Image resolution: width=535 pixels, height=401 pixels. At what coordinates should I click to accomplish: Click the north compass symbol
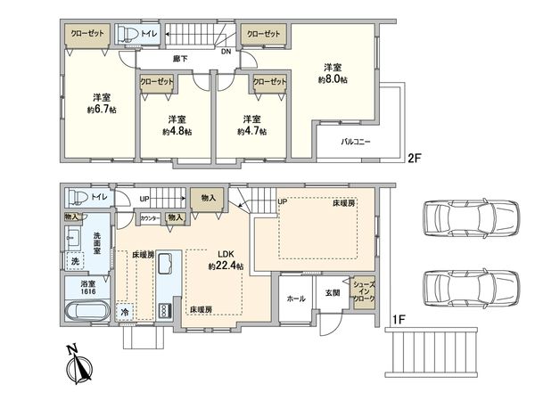[x=79, y=364]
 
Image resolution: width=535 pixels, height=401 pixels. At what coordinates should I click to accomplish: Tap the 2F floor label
[x=416, y=159]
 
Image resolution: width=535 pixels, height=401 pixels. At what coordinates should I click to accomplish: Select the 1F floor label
[x=399, y=320]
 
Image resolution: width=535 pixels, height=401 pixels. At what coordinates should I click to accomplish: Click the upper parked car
[x=471, y=218]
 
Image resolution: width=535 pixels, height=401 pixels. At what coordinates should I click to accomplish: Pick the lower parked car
[x=471, y=288]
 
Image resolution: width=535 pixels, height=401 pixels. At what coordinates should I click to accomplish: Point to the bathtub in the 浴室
[x=86, y=311]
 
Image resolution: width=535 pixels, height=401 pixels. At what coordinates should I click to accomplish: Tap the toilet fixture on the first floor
[x=78, y=198]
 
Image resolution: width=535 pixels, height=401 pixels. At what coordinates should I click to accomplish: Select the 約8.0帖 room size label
[x=333, y=79]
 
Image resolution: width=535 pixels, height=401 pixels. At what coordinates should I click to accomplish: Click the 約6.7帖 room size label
[x=102, y=110]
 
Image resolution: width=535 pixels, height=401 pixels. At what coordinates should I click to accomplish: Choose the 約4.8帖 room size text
[x=177, y=131]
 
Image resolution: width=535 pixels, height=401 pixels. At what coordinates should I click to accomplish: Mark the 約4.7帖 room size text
[x=251, y=131]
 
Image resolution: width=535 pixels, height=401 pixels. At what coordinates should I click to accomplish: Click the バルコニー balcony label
[x=356, y=142]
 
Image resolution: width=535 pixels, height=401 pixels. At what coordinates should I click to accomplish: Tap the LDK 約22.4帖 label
[x=226, y=260]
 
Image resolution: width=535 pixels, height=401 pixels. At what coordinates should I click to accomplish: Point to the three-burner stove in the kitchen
[x=164, y=311]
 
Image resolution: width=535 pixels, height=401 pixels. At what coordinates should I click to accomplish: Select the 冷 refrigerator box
[x=125, y=312]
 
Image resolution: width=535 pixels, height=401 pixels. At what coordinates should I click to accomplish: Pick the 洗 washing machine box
[x=75, y=261]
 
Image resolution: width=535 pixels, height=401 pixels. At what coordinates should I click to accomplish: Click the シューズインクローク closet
[x=364, y=293]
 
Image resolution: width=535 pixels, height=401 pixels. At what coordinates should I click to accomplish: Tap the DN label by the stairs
[x=226, y=52]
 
